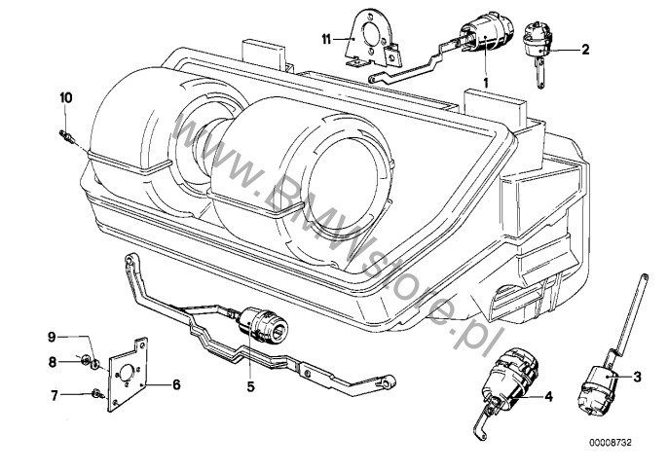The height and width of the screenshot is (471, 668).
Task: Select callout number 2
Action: [x=585, y=48]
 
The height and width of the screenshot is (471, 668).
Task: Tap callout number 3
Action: [x=637, y=376]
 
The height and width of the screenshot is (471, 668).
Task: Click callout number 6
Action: [x=175, y=384]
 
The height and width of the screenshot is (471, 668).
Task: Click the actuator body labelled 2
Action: [x=536, y=40]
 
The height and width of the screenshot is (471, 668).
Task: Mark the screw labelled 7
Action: [x=96, y=394]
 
